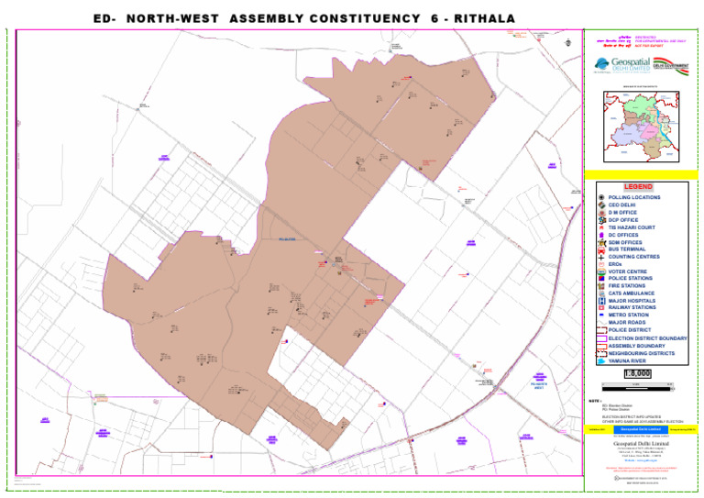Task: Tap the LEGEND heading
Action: click(637, 186)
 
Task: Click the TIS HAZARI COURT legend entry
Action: click(632, 227)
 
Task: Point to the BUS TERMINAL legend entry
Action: click(627, 249)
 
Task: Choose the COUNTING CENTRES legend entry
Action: click(633, 257)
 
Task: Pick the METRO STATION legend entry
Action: click(629, 315)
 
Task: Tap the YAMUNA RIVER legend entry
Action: click(629, 360)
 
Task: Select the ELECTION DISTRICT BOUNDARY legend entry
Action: click(647, 338)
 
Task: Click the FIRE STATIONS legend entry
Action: click(626, 286)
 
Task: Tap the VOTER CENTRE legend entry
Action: click(628, 271)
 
